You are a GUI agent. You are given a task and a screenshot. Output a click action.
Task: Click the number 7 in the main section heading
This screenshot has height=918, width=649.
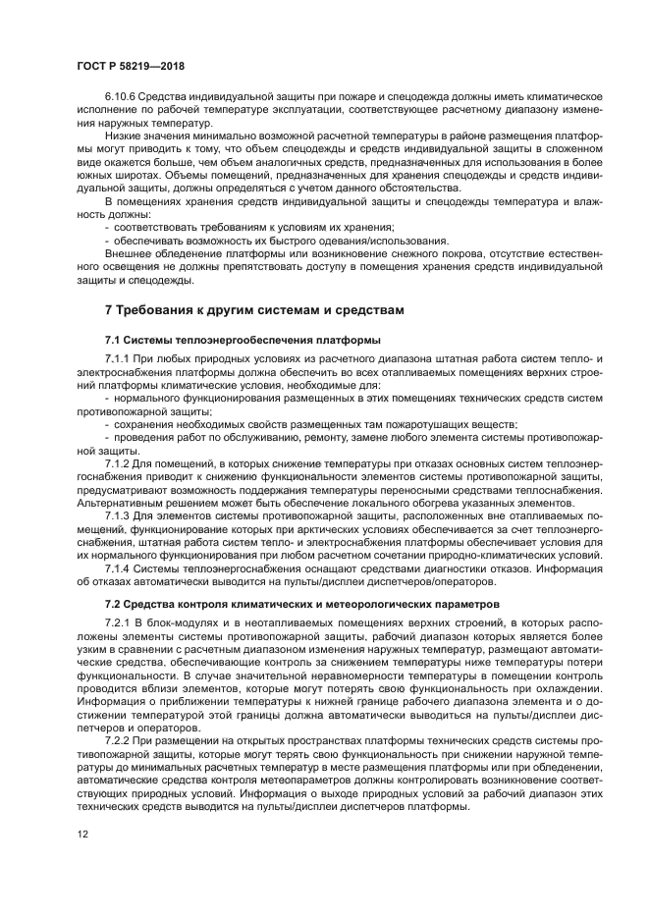(109, 310)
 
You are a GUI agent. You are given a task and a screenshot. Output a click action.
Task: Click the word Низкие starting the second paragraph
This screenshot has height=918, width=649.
(124, 135)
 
